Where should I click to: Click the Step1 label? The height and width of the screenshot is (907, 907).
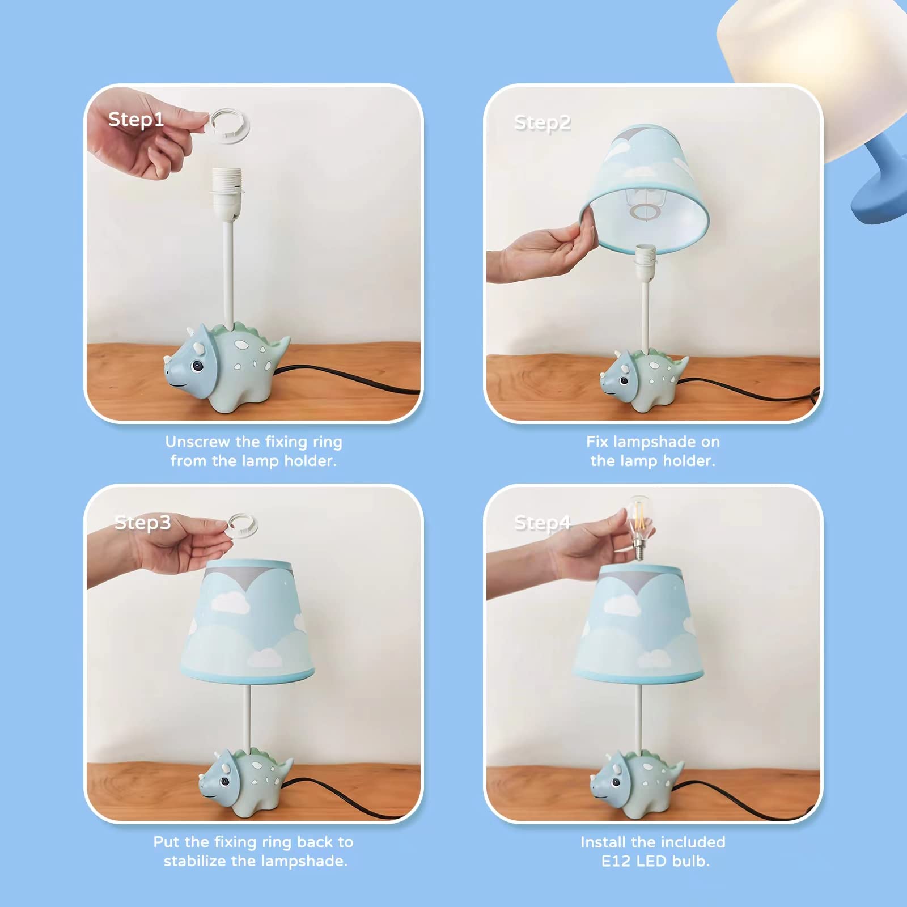[136, 120]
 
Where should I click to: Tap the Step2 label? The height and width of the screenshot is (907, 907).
[542, 123]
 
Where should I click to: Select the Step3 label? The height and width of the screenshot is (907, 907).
[142, 522]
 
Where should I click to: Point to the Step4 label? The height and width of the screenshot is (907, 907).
[542, 523]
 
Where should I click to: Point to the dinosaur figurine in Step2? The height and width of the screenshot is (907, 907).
[643, 379]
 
